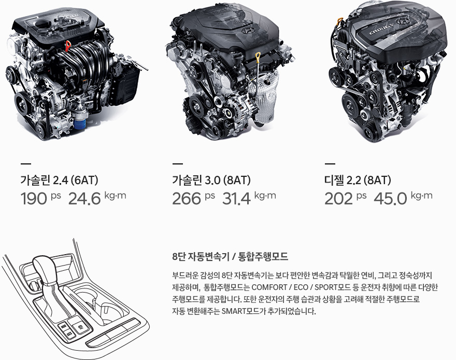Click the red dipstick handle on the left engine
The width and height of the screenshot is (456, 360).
click(68, 46)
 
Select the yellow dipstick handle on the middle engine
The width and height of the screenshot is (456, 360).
click(258, 56)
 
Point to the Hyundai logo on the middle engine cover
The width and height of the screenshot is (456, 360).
click(248, 31)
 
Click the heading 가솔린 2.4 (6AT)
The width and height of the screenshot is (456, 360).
click(59, 180)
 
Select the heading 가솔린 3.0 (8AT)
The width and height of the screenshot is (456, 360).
click(211, 180)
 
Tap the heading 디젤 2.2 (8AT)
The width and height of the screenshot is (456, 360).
click(358, 180)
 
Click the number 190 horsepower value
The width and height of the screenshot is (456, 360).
click(34, 199)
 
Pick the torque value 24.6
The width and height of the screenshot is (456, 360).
click(84, 199)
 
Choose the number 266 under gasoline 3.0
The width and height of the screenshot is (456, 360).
click(187, 199)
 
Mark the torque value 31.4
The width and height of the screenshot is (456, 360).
click(236, 199)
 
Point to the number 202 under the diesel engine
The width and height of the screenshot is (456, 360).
click(338, 199)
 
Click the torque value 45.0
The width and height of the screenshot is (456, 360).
click(390, 199)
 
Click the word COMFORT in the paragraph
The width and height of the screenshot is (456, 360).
click(269, 287)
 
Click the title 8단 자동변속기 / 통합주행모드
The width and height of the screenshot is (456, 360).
click(230, 256)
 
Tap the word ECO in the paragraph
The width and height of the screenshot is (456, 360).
click(301, 287)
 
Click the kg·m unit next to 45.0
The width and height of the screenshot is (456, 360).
click(421, 195)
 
